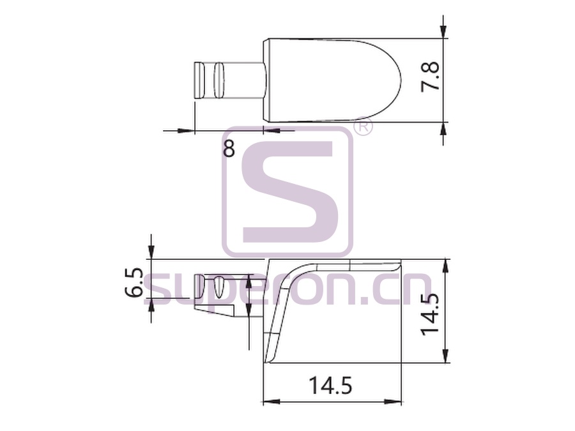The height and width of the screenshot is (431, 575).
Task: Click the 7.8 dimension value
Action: (x=430, y=77)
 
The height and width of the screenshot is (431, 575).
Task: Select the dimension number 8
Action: (x=229, y=147)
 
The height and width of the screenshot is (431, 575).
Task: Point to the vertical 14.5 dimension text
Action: (x=430, y=314)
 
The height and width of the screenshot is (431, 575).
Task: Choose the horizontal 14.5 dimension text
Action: (x=330, y=385)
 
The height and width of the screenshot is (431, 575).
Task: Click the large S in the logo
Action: (x=288, y=192)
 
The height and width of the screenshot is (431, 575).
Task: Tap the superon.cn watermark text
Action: (x=287, y=289)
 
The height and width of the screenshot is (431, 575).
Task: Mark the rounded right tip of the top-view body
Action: (x=401, y=80)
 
